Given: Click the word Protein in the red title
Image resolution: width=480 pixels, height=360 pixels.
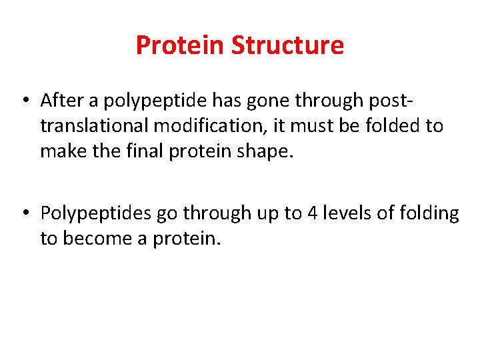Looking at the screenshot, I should pos(180,45).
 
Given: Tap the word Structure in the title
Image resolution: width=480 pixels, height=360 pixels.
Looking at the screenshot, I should pos(287,45).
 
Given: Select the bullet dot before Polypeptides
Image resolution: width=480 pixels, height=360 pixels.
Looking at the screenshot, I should pos(24,213).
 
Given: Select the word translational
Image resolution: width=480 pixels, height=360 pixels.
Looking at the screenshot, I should pos(91,126).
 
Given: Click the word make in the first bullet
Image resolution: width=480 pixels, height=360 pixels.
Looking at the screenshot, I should pos(59,151).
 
